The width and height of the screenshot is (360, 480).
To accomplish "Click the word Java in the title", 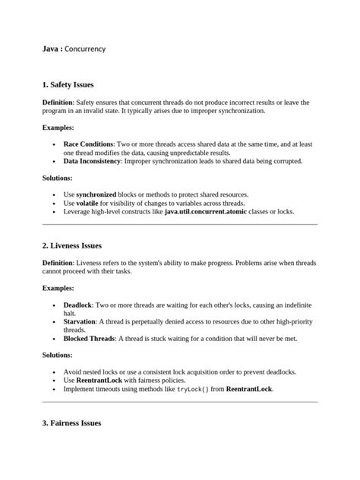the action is [x=50, y=49].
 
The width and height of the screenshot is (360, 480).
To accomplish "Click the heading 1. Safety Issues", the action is [x=68, y=84].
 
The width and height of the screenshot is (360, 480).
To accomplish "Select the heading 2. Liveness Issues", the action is [x=71, y=246].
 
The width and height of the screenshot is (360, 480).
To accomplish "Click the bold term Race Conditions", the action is [x=88, y=144].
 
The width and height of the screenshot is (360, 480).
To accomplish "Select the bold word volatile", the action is [x=90, y=204].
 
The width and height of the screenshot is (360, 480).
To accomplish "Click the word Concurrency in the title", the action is [x=85, y=49].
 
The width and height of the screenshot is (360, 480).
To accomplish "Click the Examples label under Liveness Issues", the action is [x=58, y=289].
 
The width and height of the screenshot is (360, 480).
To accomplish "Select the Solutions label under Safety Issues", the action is [x=57, y=178].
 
